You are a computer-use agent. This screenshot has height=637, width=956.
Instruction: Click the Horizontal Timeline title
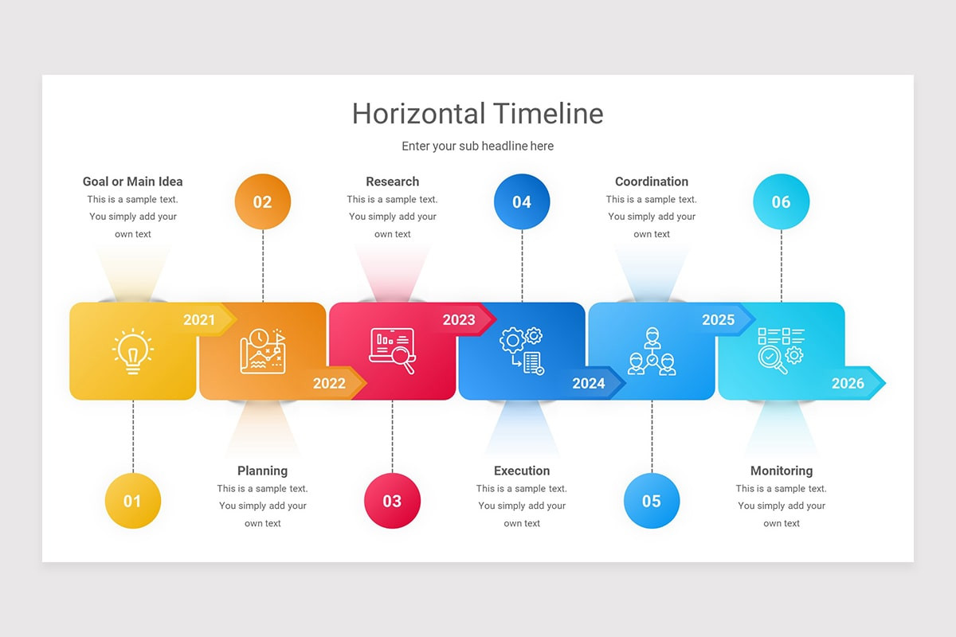pyautogui.click(x=477, y=114)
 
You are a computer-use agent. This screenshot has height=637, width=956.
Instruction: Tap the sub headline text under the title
pyautogui.click(x=477, y=147)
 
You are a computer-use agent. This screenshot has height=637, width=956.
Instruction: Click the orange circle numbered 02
pyautogui.click(x=263, y=202)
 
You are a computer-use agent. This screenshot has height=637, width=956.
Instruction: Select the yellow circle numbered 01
pyautogui.click(x=133, y=501)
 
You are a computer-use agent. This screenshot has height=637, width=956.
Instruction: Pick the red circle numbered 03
pyautogui.click(x=392, y=501)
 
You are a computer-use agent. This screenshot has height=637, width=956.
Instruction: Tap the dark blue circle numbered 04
pyautogui.click(x=522, y=202)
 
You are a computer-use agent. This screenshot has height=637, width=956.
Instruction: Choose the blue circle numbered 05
pyautogui.click(x=652, y=501)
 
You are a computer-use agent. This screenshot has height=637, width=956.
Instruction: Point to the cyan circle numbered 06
pyautogui.click(x=781, y=202)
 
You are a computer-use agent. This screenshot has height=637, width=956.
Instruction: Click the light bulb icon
pyautogui.click(x=133, y=351)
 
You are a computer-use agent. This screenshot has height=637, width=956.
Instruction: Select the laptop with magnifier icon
pyautogui.click(x=392, y=351)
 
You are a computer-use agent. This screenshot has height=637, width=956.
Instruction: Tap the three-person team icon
pyautogui.click(x=652, y=351)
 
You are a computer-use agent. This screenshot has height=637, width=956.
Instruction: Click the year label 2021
pyautogui.click(x=199, y=320)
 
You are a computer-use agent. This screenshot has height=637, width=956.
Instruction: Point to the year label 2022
pyautogui.click(x=329, y=384)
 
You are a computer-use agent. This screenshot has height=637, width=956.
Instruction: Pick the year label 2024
pyautogui.click(x=589, y=384)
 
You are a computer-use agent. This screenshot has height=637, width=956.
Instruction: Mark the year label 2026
pyautogui.click(x=848, y=384)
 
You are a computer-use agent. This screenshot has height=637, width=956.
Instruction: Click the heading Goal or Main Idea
pyautogui.click(x=133, y=182)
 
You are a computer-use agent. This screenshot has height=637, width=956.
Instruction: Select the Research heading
pyautogui.click(x=392, y=182)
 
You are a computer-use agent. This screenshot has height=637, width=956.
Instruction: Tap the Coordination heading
pyautogui.click(x=652, y=182)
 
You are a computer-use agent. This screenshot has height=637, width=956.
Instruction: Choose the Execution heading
pyautogui.click(x=522, y=471)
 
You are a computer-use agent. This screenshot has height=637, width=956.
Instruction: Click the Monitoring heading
pyautogui.click(x=782, y=471)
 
